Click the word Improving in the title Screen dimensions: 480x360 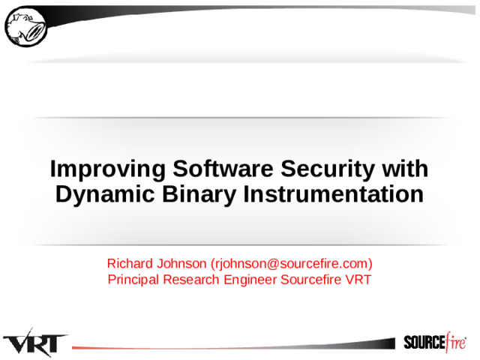click(108, 169)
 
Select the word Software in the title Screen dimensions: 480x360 click(223, 168)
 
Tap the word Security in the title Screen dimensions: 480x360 click(328, 169)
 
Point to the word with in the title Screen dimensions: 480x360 click(405, 168)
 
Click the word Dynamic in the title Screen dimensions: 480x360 click(105, 195)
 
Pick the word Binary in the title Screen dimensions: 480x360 click(199, 195)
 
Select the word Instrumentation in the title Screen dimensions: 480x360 click(334, 194)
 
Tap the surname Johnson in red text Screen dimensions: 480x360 click(181, 263)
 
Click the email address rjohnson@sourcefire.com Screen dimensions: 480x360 click(292, 264)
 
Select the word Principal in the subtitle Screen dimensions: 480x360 click(133, 280)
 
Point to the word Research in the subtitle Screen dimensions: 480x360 click(190, 280)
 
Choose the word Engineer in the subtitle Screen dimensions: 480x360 click(250, 280)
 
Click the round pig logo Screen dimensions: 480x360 click(26, 27)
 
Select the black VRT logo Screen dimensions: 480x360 click(35, 343)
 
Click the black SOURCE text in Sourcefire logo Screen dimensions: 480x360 click(424, 342)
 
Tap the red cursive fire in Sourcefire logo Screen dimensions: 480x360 click(456, 340)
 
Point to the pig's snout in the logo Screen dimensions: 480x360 click(35, 31)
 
